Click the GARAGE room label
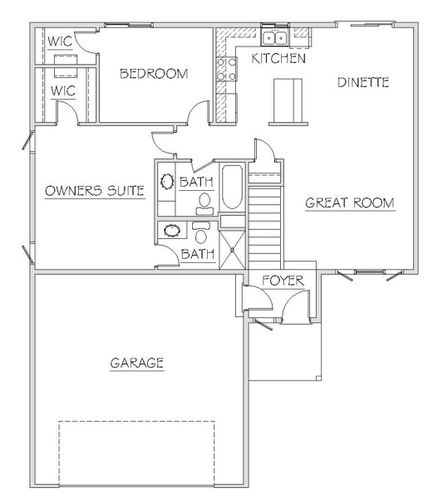pos(137,363)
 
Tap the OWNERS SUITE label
pos(95,191)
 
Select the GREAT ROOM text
pos(350,203)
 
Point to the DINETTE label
pos(363,82)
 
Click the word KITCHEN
pos(278,58)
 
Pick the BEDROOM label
pos(154,74)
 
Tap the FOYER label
pos(283,281)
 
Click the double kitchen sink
pos(275,38)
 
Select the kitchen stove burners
pos(226,69)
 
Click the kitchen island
pos(288,101)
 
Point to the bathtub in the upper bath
pos(232,187)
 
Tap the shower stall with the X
pos(233,250)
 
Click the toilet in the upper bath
pos(204,203)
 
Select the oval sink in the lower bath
pos(172,230)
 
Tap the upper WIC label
pos(60,41)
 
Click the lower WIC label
pos(63,90)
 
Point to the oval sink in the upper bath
pos(167,182)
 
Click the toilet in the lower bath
pos(201,232)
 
